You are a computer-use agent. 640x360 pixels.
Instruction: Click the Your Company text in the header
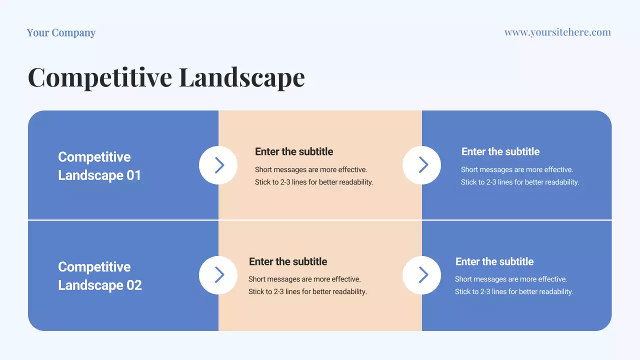pyautogui.click(x=61, y=33)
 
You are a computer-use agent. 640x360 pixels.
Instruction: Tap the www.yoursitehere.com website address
pyautogui.click(x=557, y=32)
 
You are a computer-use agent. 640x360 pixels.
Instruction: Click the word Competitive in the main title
pyautogui.click(x=100, y=77)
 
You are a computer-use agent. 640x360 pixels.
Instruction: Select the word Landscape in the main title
pyautogui.click(x=241, y=77)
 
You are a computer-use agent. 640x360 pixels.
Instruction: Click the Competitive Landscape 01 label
pyautogui.click(x=99, y=166)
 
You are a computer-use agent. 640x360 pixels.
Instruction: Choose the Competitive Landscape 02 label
pyautogui.click(x=99, y=276)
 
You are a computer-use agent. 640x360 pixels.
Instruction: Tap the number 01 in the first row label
pyautogui.click(x=133, y=175)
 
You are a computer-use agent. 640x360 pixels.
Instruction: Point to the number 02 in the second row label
pyautogui.click(x=134, y=285)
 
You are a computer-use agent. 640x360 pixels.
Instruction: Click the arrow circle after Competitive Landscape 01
pyautogui.click(x=218, y=165)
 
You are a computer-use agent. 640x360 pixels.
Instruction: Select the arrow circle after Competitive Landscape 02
pyautogui.click(x=218, y=275)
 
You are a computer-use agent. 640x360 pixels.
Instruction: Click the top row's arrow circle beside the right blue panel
pyautogui.click(x=422, y=165)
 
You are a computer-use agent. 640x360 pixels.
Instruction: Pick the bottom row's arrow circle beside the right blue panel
pyautogui.click(x=422, y=275)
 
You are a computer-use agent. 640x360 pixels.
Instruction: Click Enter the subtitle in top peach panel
pyautogui.click(x=294, y=151)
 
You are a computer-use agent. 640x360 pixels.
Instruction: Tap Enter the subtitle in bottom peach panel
pyautogui.click(x=288, y=261)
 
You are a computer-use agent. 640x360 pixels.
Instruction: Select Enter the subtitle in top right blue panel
pyautogui.click(x=500, y=151)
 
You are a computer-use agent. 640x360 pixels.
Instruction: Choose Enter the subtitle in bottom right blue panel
pyautogui.click(x=494, y=261)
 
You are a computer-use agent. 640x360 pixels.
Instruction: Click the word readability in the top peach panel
pyautogui.click(x=355, y=182)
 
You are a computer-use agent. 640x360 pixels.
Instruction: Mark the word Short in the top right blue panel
pyautogui.click(x=469, y=169)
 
